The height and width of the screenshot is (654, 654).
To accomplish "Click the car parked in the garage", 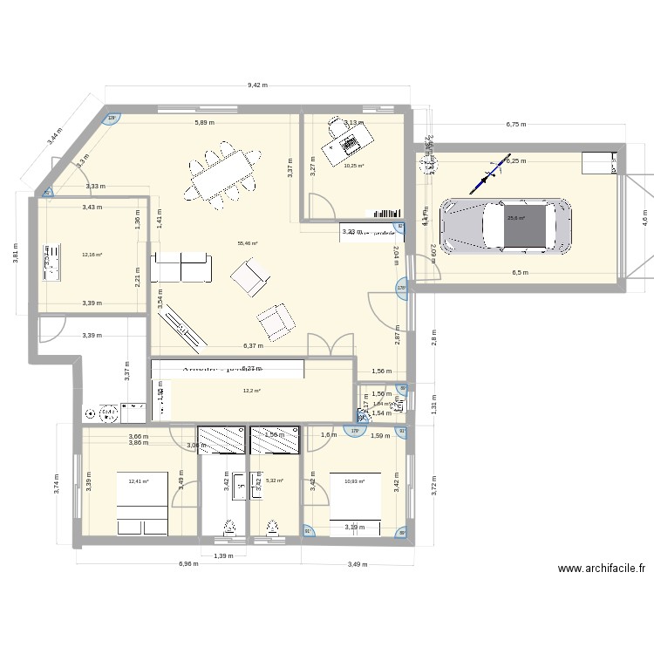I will click(507, 228).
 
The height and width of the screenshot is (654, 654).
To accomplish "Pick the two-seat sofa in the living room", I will click(181, 268).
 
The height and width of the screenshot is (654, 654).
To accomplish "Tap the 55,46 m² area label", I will click(248, 244).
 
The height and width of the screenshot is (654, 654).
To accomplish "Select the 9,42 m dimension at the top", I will click(257, 85).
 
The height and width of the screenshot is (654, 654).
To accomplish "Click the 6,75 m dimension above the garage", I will click(516, 125).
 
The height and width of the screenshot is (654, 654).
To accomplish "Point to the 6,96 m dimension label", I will click(189, 564).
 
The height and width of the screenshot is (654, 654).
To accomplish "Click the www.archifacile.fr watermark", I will click(602, 569).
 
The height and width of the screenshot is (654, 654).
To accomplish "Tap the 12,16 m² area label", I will click(92, 255).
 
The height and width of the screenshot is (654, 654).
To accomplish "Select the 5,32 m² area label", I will click(274, 480).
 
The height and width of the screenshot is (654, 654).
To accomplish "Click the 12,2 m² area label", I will click(252, 391).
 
